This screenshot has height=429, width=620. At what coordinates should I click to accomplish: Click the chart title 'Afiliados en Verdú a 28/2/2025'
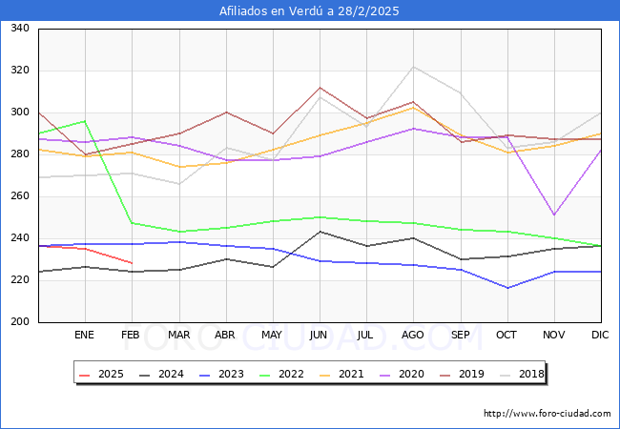[x=309, y=11]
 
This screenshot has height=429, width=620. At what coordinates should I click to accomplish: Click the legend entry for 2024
[x=163, y=374]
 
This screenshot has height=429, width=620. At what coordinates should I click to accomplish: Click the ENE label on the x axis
[x=85, y=336]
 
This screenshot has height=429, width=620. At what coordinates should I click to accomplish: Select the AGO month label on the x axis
[x=413, y=336]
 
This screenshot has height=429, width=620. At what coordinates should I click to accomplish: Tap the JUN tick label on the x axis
[x=320, y=336]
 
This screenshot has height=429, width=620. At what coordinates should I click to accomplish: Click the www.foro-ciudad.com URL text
[x=548, y=414]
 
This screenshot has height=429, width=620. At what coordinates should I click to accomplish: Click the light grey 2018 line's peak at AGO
[x=413, y=67]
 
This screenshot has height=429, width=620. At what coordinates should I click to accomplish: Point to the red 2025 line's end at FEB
[x=132, y=263]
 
